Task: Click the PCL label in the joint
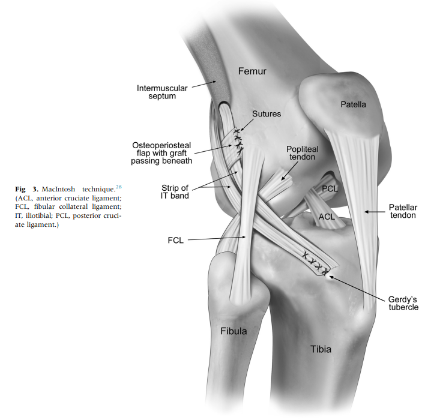330,188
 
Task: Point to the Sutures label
268,112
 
